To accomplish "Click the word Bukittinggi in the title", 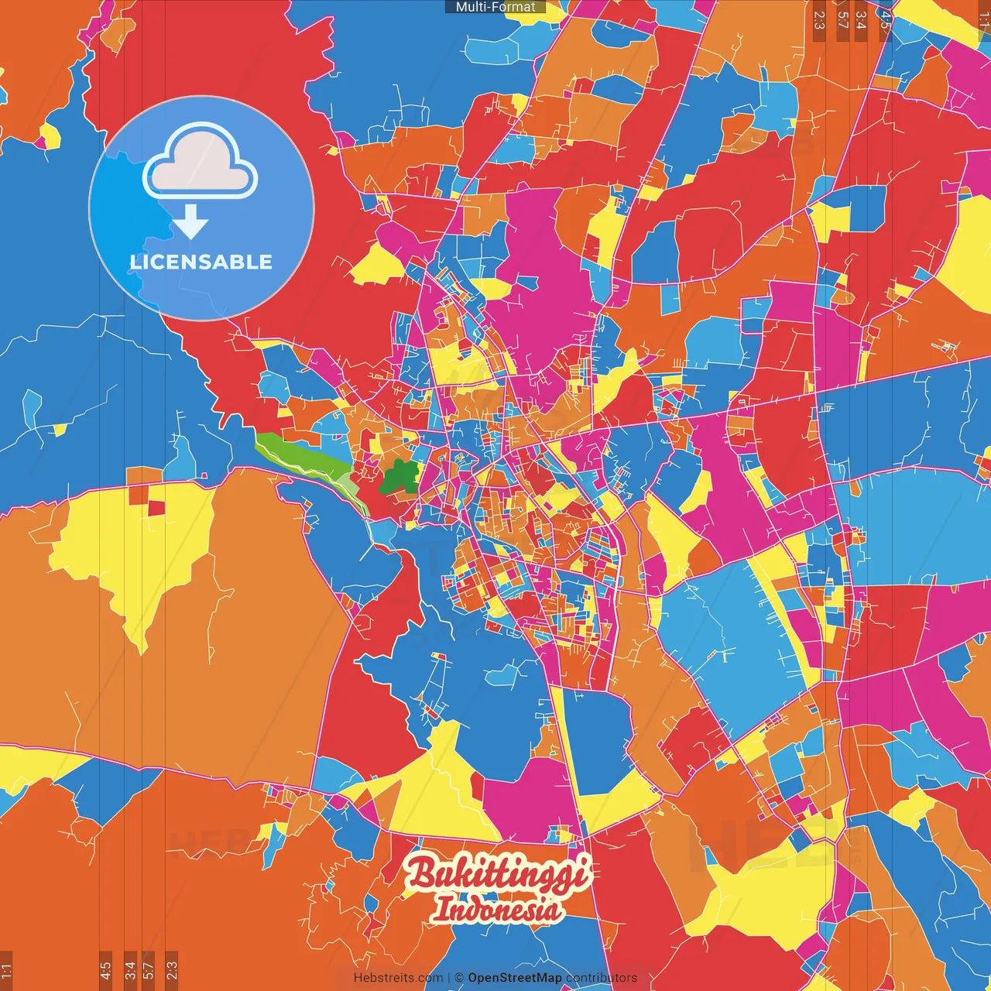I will (498, 874).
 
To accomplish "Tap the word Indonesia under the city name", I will (498, 909).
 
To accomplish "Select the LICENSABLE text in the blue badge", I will (201, 262).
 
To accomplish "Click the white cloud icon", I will (201, 163).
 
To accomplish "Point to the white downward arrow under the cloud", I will (190, 222).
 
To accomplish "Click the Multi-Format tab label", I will (495, 7).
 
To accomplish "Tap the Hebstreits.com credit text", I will (398, 978).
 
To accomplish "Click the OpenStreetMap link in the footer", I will (515, 978).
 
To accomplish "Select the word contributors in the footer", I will (602, 978).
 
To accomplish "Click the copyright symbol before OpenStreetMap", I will (459, 978).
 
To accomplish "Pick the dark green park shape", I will (399, 477).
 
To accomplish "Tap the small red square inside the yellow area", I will (156, 508).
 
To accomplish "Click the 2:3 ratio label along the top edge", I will (819, 19).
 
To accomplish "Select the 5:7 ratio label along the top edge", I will (842, 19).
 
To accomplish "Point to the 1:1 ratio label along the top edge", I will (984, 19).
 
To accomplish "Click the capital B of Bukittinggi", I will (421, 873).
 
